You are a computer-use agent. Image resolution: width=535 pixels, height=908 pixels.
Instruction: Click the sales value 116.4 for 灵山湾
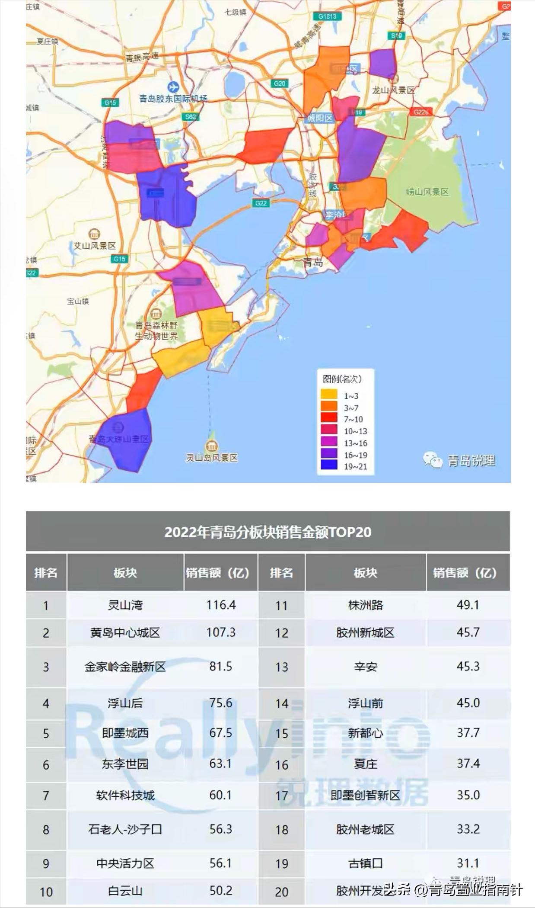221,604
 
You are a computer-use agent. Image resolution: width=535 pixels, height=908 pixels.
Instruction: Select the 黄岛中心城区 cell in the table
125,632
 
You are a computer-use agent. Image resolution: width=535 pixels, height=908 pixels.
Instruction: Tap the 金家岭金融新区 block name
125,666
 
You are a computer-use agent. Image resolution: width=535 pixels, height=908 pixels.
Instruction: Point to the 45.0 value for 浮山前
468,703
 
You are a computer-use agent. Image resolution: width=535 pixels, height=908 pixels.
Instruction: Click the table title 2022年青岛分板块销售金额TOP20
267,532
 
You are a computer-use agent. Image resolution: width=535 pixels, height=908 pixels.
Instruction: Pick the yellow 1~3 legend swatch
329,395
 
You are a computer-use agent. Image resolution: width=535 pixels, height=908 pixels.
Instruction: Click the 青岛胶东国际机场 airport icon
173,87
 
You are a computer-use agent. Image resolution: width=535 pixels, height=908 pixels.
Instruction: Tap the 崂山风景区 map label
427,192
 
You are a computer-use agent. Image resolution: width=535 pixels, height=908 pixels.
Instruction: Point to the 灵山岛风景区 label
212,457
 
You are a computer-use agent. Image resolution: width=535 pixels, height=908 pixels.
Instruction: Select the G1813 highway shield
327,16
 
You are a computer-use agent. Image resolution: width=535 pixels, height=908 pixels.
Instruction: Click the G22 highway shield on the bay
261,203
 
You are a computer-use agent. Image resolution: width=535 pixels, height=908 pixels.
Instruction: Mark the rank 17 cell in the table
281,795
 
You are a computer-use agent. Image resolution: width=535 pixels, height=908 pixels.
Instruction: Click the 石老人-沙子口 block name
125,829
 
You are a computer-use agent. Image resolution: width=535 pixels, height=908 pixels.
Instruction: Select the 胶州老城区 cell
365,829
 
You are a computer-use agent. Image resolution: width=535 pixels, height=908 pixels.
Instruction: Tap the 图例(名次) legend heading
342,379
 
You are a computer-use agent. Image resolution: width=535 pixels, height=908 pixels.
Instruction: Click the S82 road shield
191,117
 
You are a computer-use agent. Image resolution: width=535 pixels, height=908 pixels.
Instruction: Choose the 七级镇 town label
236,12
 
